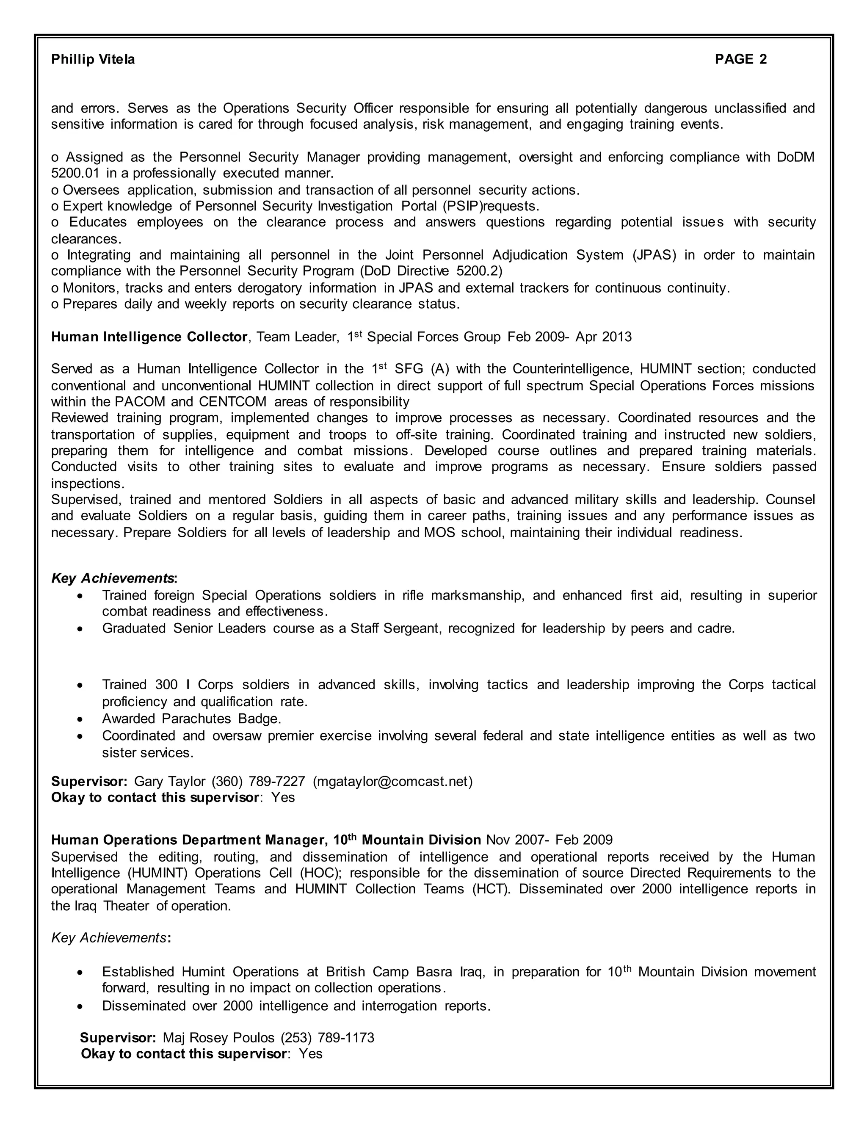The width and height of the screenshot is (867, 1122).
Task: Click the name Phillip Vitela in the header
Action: (93, 60)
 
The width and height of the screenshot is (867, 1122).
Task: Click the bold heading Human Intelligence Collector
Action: (149, 337)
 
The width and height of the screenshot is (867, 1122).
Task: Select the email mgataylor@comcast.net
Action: (392, 782)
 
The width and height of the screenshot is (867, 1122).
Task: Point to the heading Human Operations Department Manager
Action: (188, 840)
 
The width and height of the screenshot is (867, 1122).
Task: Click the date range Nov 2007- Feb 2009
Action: (549, 840)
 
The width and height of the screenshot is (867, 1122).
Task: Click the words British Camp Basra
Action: (387, 972)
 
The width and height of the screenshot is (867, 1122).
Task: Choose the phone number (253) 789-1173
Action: (327, 1038)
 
